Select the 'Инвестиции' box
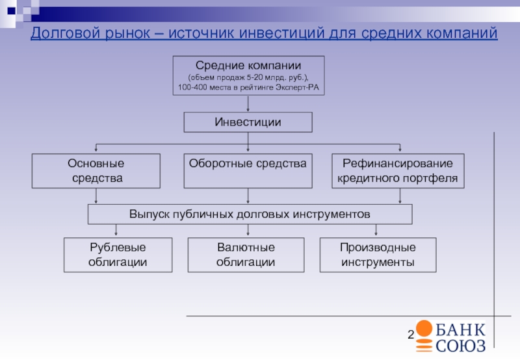tap(248, 122)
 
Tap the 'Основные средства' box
tap(96, 171)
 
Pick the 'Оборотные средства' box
tap(248, 171)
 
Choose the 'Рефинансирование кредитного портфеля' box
tap(398, 171)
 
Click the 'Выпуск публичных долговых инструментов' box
tap(250, 214)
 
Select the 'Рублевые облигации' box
tap(117, 255)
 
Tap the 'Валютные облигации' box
tap(246, 255)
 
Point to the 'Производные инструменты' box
tap(378, 255)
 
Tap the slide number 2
tap(411, 335)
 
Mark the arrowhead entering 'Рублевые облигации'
tap(117, 235)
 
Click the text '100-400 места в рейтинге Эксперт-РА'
tap(248, 86)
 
